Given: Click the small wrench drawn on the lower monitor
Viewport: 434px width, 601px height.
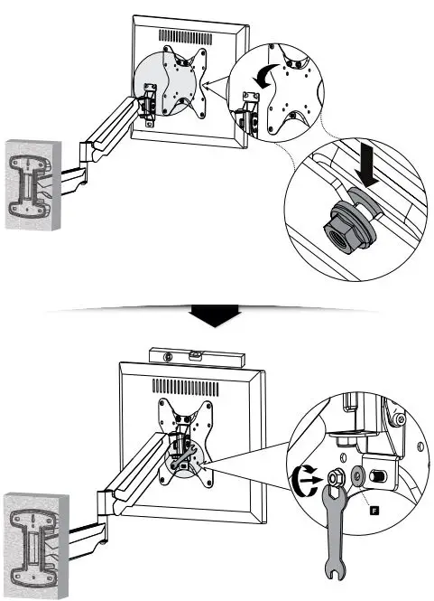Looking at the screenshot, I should click(183, 457).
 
